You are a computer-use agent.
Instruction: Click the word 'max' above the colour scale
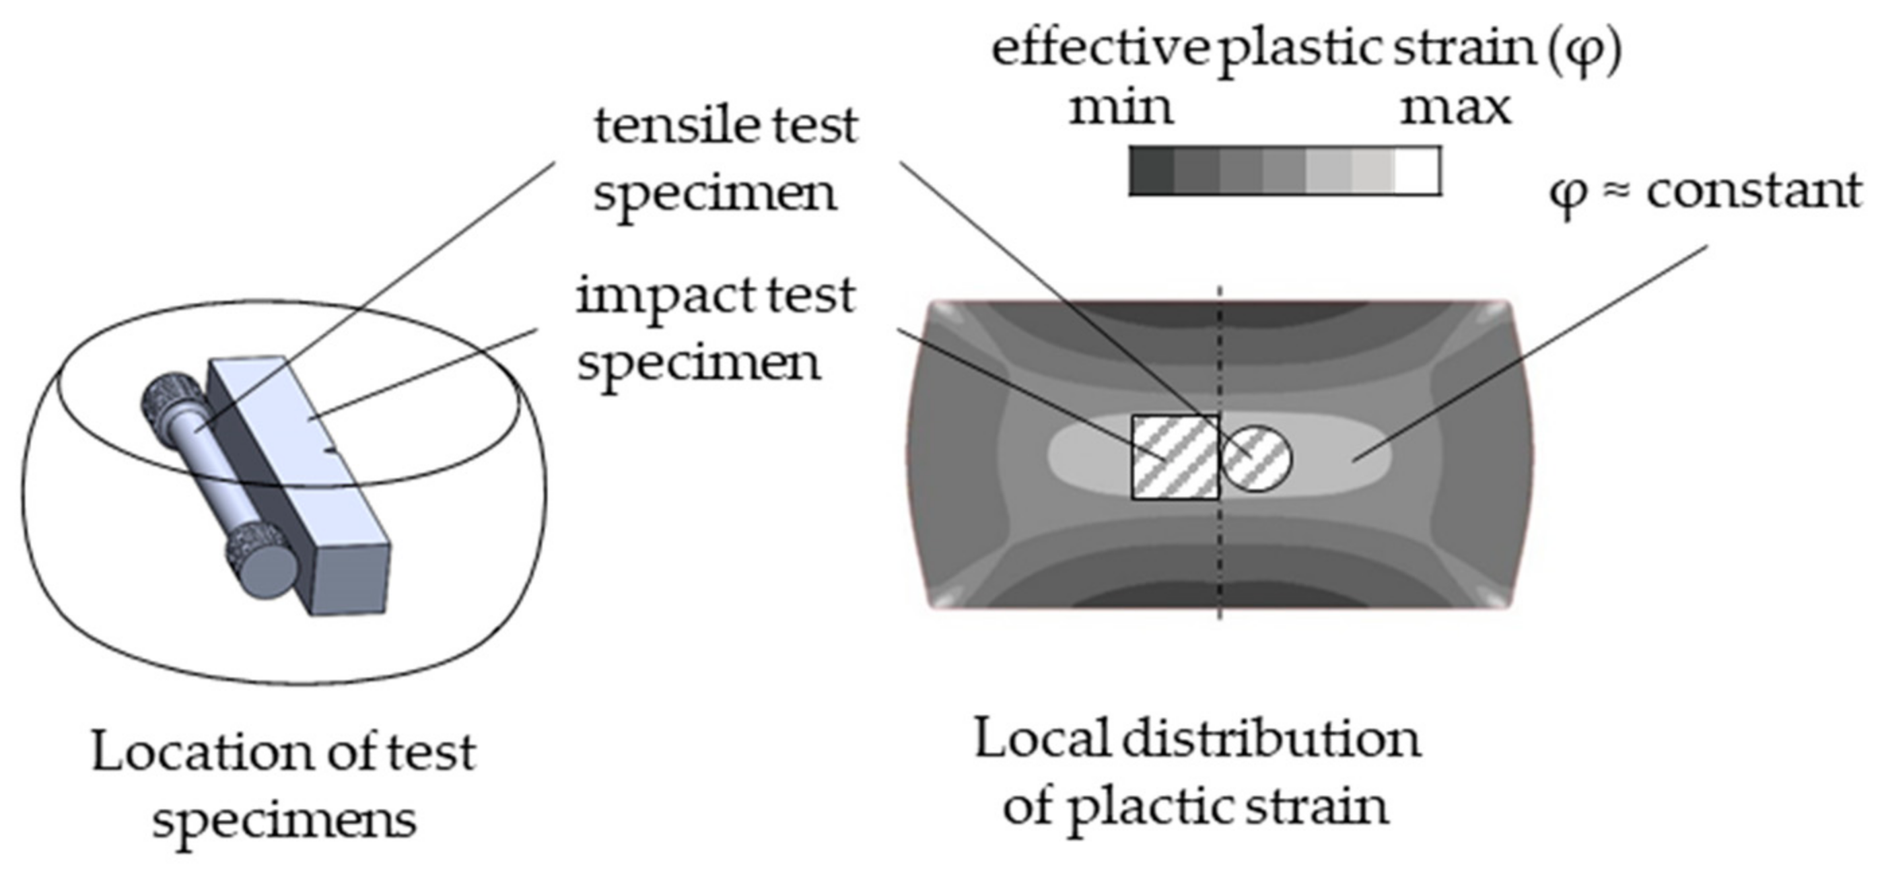(x=1455, y=108)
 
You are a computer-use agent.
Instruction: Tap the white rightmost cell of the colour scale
(x=1418, y=171)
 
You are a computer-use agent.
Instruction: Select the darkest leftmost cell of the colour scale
(x=1152, y=171)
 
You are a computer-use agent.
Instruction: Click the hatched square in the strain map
(x=1175, y=458)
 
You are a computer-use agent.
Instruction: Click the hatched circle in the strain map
(x=1257, y=458)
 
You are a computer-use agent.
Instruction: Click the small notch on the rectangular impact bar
(x=330, y=451)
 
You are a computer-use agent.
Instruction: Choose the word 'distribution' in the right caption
(x=1271, y=740)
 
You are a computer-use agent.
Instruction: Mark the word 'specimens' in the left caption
(x=284, y=821)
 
